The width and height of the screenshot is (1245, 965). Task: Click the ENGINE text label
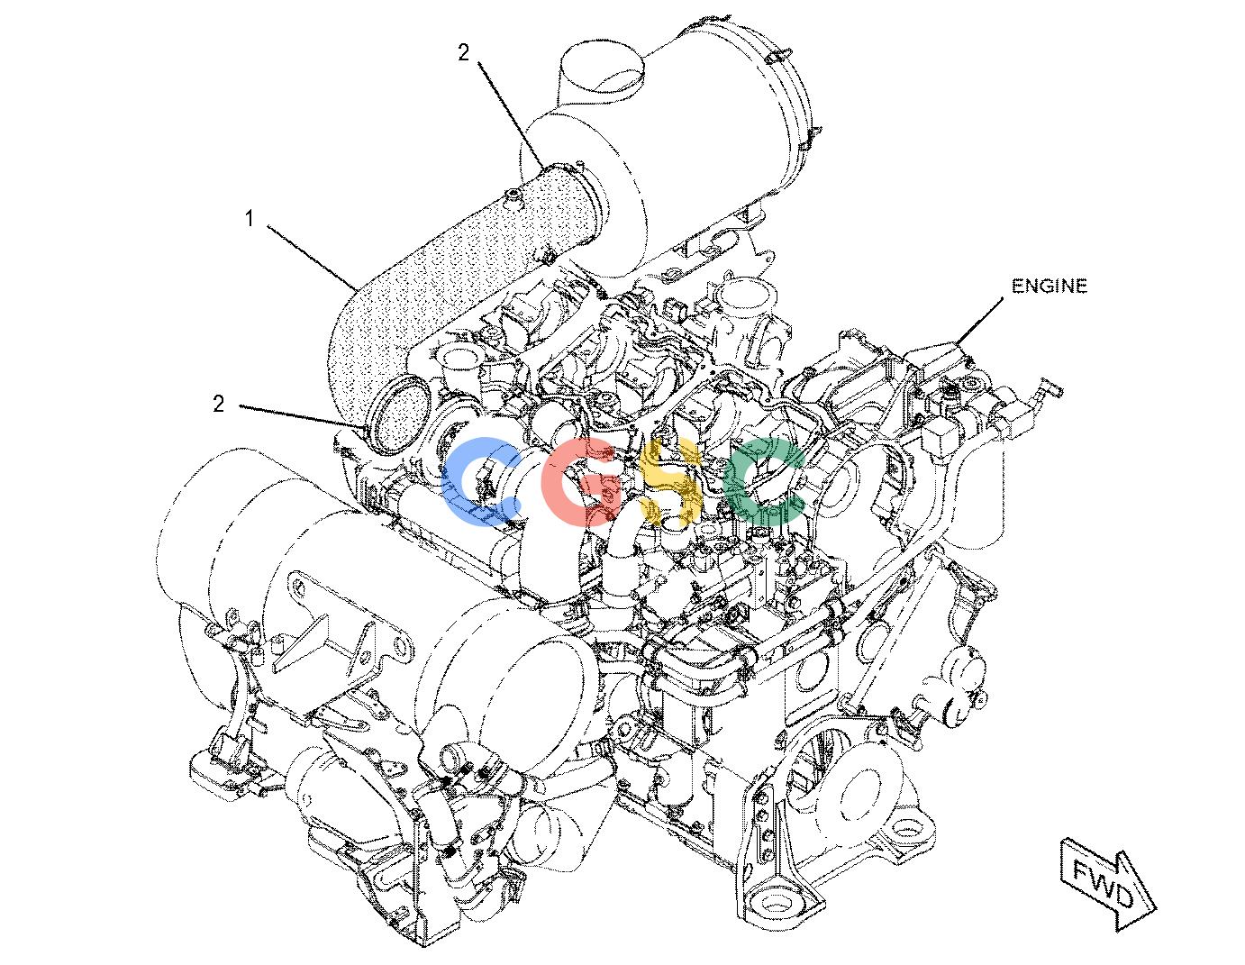coord(1049,286)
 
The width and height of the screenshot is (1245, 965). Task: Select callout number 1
coord(250,218)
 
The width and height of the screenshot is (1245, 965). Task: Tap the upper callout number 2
coord(463,53)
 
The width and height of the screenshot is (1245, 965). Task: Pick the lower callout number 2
coord(218,405)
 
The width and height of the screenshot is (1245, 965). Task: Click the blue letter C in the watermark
coord(480,482)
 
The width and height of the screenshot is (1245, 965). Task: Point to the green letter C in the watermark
coord(765,482)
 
